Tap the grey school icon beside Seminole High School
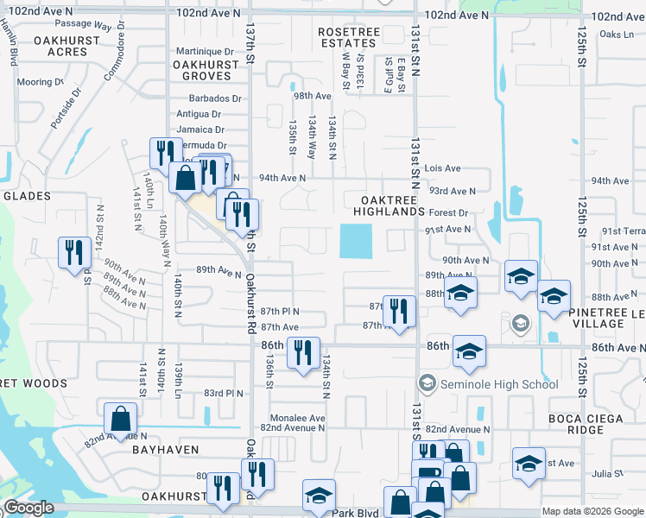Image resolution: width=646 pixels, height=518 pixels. coord(427,383)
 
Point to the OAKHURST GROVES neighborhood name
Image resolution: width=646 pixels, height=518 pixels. coord(205,70)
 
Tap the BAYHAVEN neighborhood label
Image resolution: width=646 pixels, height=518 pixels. coord(165,450)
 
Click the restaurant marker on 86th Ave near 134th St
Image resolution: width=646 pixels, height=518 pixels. coord(302,353)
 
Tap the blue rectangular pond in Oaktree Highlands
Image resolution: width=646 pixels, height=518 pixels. coord(356,241)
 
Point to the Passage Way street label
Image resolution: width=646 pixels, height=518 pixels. coord(83,26)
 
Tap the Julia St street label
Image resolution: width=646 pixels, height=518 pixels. coord(607,473)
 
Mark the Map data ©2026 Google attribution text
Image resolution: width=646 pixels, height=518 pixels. coord(592,511)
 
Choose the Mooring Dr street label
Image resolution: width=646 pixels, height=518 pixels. coord(40,82)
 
